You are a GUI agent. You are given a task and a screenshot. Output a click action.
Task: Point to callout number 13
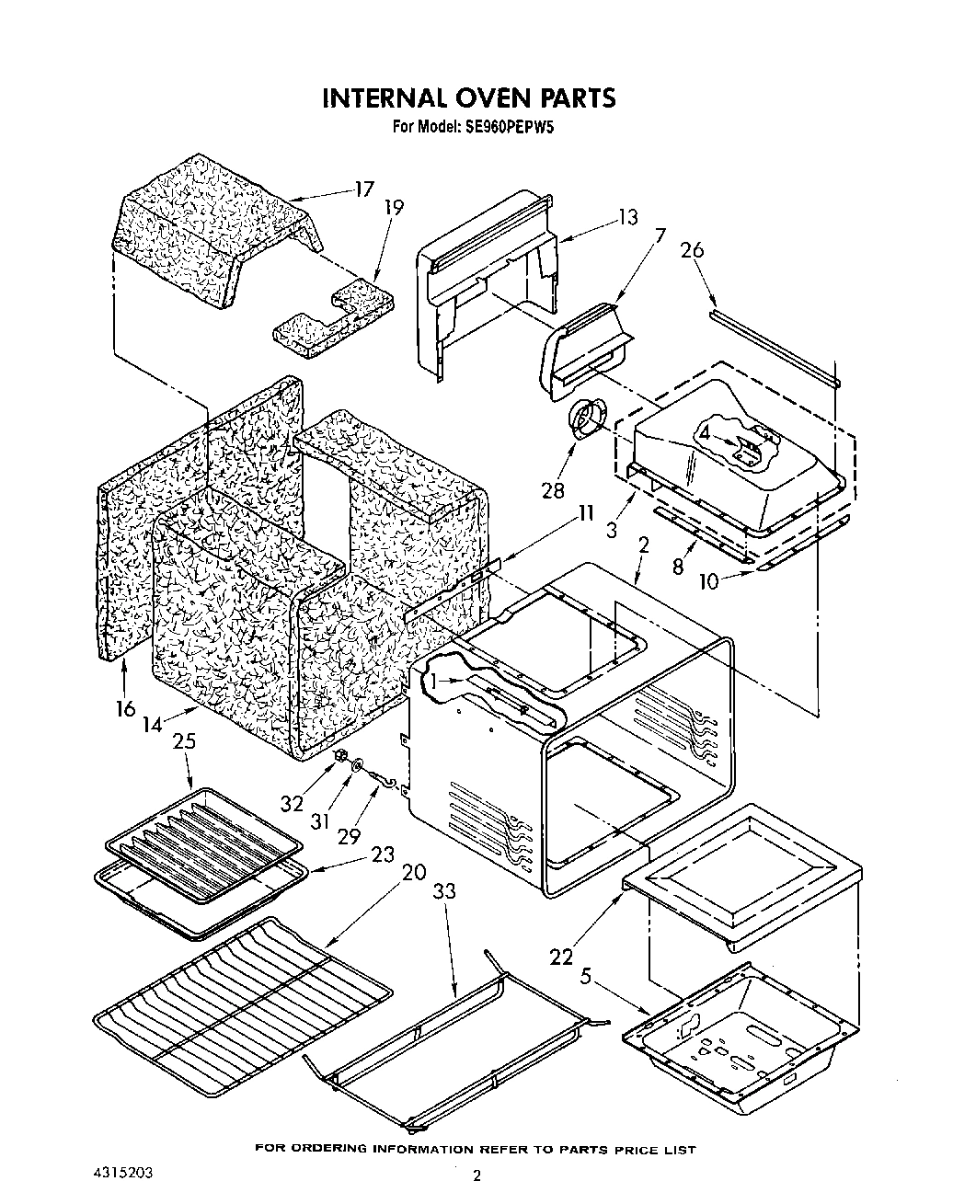pos(627,218)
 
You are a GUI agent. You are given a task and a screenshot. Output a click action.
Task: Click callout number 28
pos(553,490)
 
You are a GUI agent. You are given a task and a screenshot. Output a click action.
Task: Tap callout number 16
pos(125,708)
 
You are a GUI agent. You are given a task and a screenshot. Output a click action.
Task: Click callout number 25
pos(185,741)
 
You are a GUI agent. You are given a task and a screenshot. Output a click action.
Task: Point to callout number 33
pos(443,892)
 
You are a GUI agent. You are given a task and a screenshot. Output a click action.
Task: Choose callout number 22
pos(561,957)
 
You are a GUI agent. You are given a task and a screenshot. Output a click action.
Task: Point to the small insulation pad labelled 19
pos(331,318)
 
